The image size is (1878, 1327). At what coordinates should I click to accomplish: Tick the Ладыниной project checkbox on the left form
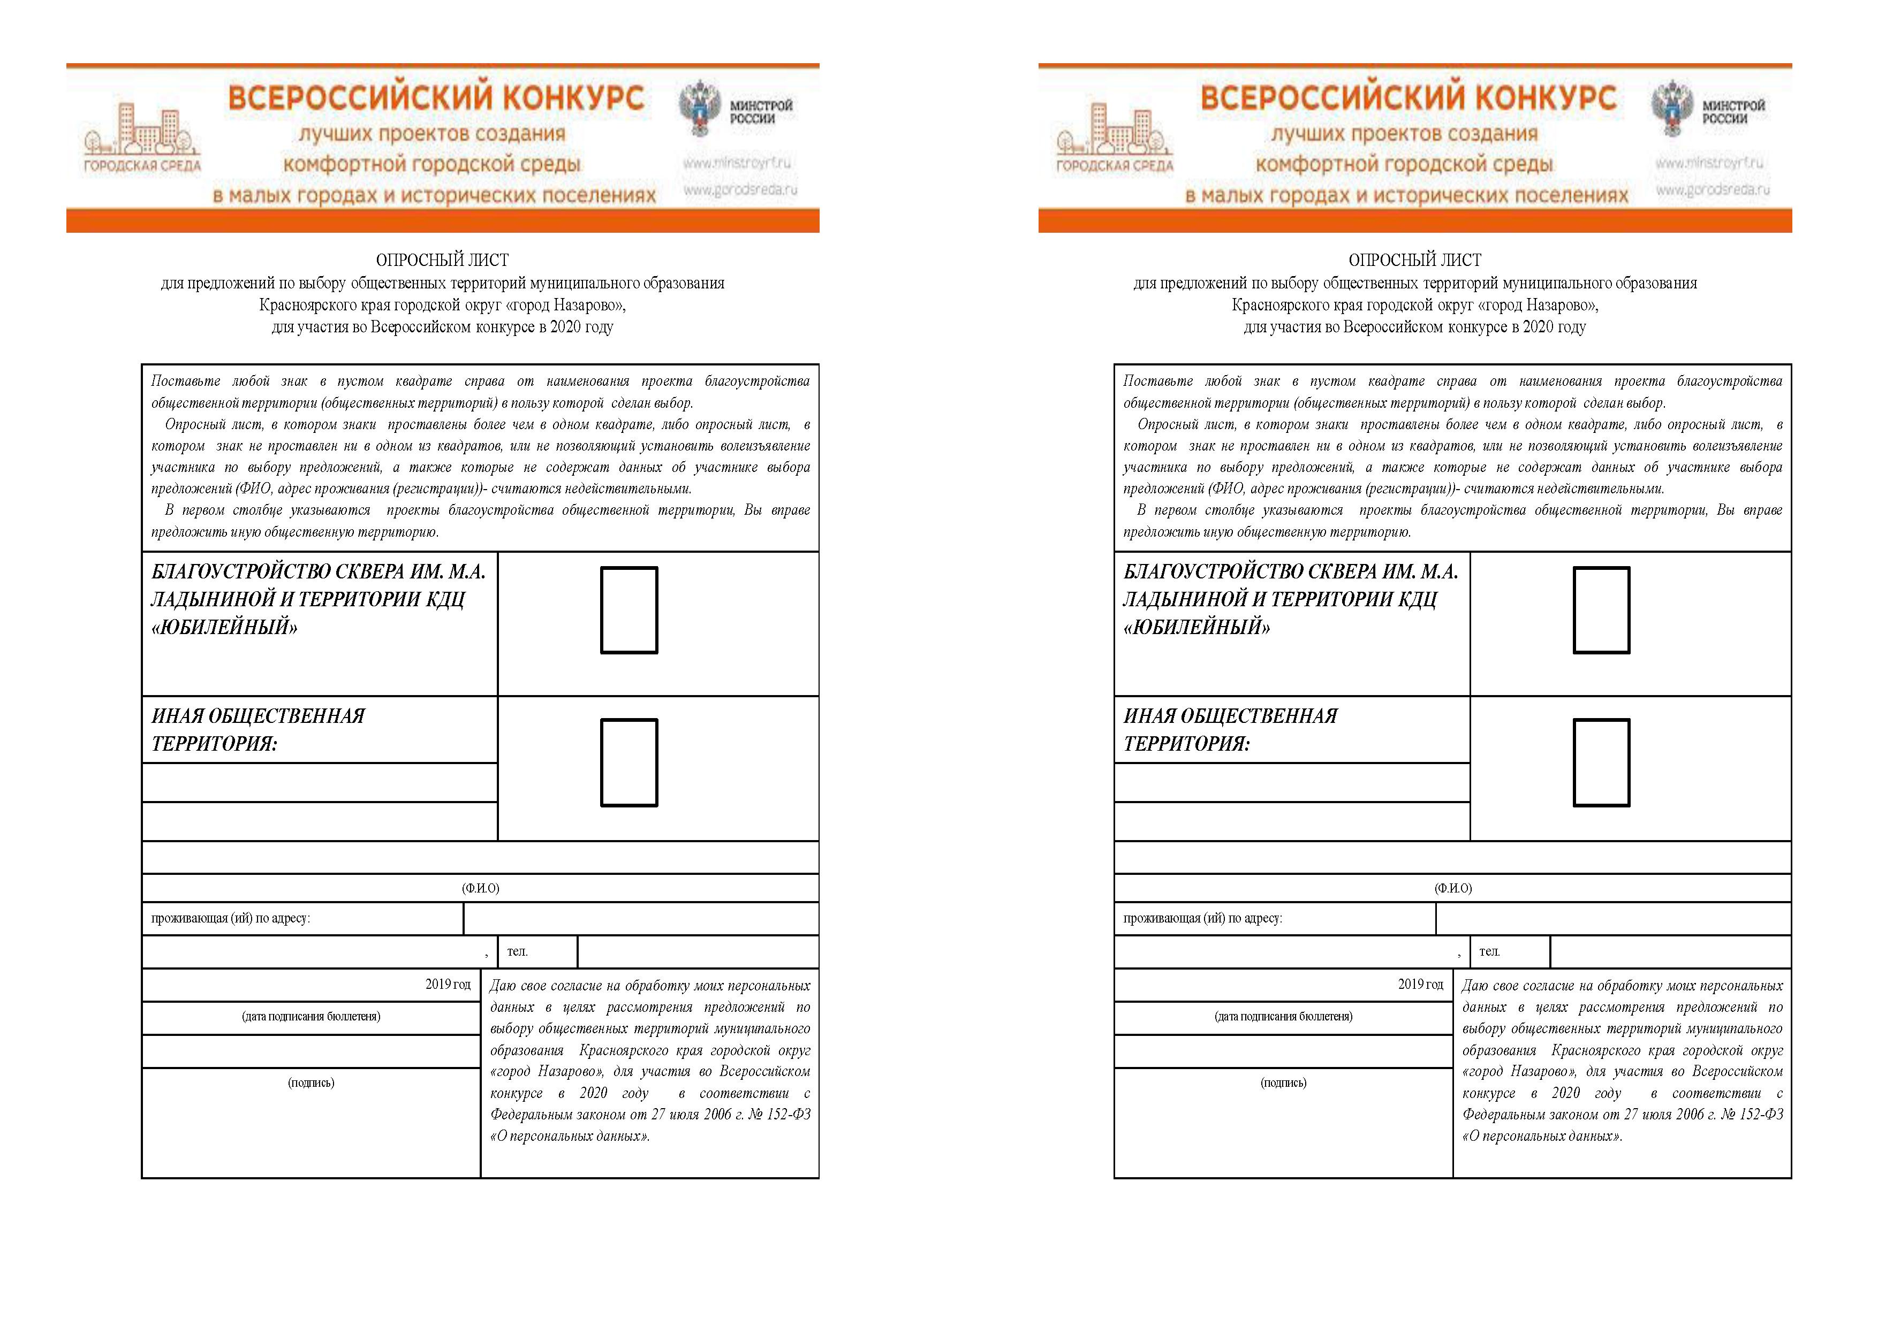629,610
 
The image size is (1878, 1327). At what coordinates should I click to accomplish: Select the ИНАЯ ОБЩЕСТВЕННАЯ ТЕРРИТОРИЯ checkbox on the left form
629,762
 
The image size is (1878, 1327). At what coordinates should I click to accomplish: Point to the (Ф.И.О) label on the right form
1453,888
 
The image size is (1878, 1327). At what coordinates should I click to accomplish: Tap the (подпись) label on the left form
311,1082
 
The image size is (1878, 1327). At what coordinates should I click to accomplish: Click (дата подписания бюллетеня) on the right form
1283,1016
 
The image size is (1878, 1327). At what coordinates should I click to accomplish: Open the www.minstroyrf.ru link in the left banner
738,163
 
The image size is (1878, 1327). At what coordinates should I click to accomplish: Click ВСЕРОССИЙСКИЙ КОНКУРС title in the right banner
1407,98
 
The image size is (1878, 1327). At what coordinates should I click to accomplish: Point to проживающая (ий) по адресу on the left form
231,918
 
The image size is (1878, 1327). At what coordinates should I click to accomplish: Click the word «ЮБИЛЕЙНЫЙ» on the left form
224,627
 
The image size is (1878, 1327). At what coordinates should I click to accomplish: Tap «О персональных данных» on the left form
570,1135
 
